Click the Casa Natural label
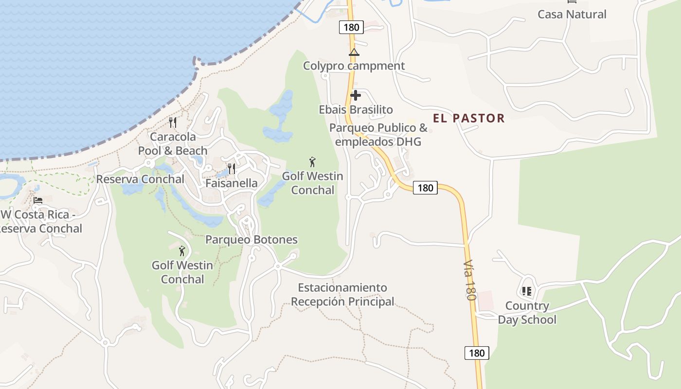coord(572,14)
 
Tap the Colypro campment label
coord(354,66)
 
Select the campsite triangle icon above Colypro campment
coord(354,52)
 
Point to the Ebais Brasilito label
coord(356,109)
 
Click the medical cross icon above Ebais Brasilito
coord(356,95)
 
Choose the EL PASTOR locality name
coord(469,118)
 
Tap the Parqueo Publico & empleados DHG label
coord(378,135)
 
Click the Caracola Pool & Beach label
coord(173,143)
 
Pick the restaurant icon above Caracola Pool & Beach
coord(173,122)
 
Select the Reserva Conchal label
coord(140,179)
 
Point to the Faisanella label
coord(232,183)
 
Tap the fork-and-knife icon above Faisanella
coord(232,169)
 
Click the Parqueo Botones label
coord(251,240)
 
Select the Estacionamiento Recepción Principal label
coord(342,295)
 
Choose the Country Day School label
coord(527,313)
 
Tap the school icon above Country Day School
coord(526,291)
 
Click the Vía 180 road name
coord(469,280)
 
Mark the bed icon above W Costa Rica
coord(38,200)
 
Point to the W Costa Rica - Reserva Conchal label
coord(41,221)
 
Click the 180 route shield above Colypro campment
coord(351,27)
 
